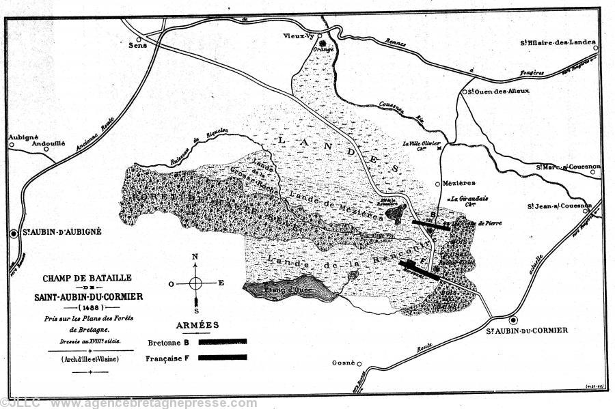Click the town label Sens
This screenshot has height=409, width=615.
tap(138, 47)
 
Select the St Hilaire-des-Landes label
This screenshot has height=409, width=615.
tap(556, 42)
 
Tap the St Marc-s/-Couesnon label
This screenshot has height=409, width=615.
tap(568, 166)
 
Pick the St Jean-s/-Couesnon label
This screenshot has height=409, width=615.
tap(559, 206)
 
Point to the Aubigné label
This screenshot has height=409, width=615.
tap(23, 137)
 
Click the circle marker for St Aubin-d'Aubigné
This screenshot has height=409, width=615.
tap(14, 233)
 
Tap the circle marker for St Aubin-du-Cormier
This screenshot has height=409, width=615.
tap(513, 319)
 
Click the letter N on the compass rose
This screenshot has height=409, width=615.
tap(195, 257)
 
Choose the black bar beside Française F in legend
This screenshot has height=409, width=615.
tap(222, 356)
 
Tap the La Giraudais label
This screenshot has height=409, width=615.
tap(462, 199)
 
